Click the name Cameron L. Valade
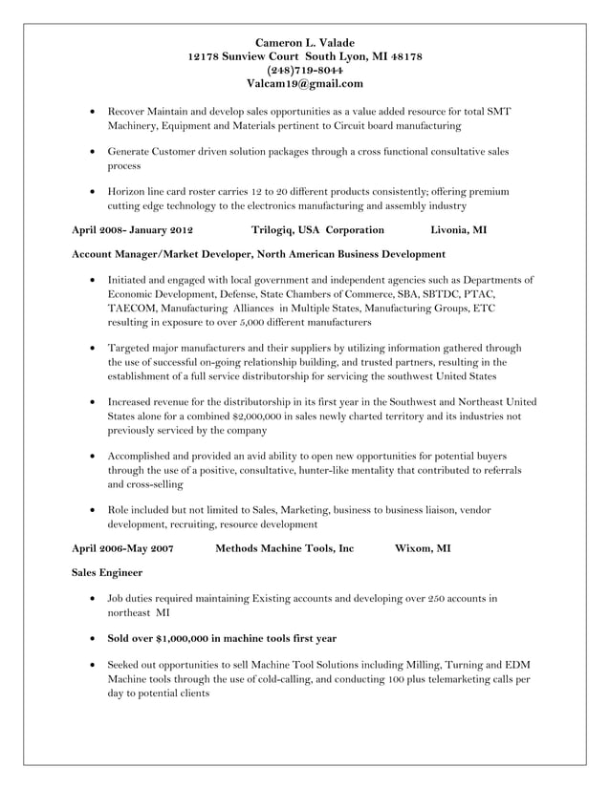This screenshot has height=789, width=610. tap(305, 43)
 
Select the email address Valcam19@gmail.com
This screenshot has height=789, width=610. tap(305, 83)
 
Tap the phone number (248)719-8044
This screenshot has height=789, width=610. tap(305, 70)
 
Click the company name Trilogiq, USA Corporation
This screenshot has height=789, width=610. tap(317, 230)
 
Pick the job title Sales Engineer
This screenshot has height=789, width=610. tap(107, 573)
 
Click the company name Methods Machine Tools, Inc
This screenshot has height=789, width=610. tap(284, 549)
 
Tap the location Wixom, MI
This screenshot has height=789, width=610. tap(423, 549)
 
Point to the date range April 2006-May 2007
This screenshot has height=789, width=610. tap(122, 549)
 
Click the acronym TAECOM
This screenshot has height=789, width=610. tap(131, 309)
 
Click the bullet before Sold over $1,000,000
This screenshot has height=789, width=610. tap(91, 638)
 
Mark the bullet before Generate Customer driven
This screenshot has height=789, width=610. tap(91, 152)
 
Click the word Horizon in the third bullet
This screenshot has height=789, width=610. tap(126, 191)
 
